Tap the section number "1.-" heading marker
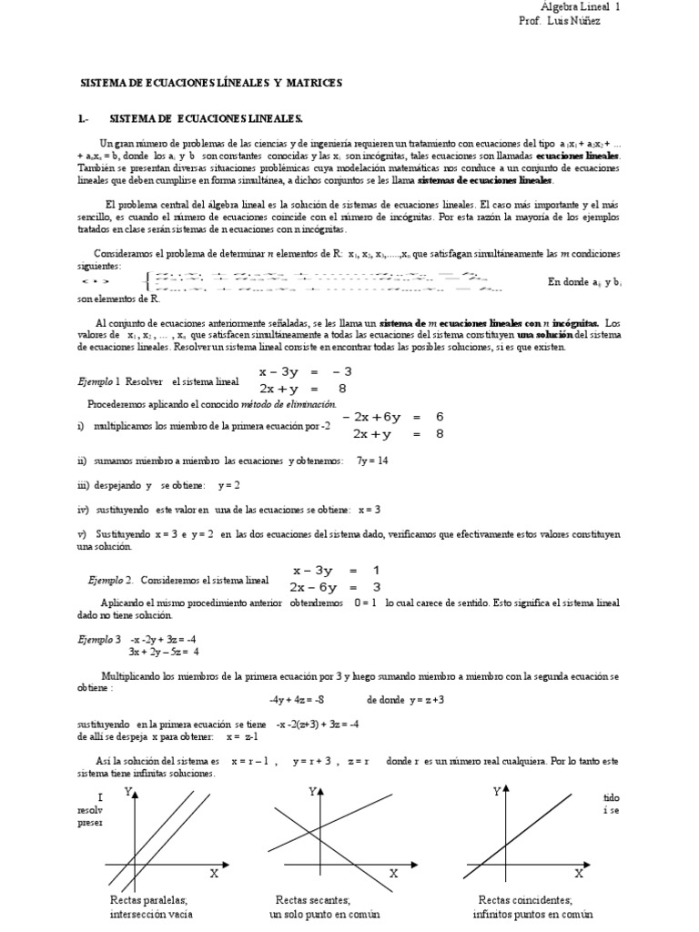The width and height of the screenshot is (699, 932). coord(82,119)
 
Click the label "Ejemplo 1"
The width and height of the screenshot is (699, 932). coord(97,380)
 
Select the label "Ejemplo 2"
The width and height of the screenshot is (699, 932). coord(110,579)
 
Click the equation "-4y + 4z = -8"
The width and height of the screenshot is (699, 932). coord(296,701)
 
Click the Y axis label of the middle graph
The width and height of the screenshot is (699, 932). coord(312,793)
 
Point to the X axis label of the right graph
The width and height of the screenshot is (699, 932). coord(577,873)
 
